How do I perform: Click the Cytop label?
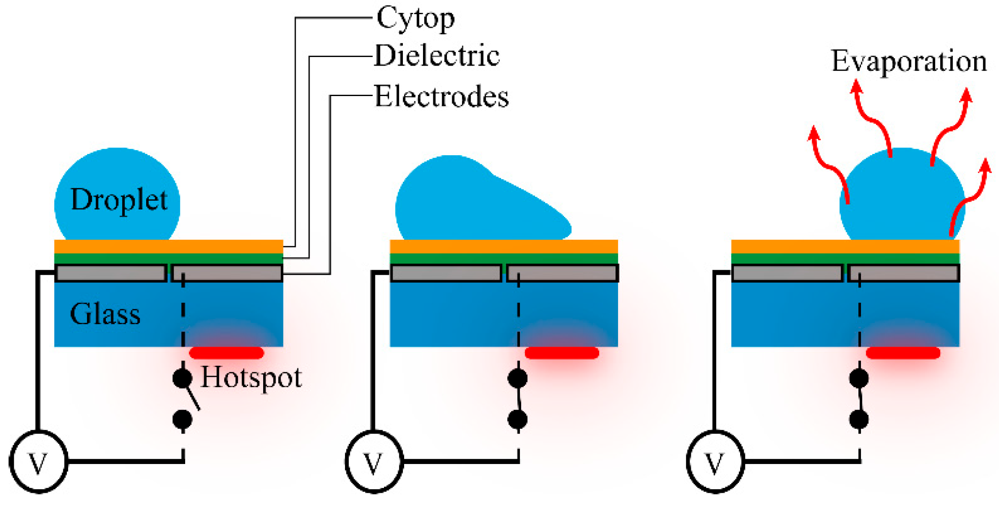click(x=415, y=19)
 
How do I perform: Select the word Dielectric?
click(x=437, y=56)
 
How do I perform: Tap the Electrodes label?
click(x=441, y=96)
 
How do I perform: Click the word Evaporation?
click(x=909, y=61)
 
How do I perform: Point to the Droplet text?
click(x=119, y=200)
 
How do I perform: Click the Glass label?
click(x=105, y=314)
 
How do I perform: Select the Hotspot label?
click(x=251, y=377)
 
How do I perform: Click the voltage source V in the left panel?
click(x=38, y=462)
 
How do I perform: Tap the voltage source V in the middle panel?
click(x=374, y=462)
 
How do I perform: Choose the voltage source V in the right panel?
click(x=715, y=462)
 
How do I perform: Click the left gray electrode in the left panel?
click(x=111, y=273)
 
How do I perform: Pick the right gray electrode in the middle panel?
click(x=562, y=273)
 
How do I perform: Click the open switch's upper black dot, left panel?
click(x=182, y=378)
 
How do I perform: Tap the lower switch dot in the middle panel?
click(x=517, y=419)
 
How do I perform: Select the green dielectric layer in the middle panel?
click(x=504, y=259)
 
